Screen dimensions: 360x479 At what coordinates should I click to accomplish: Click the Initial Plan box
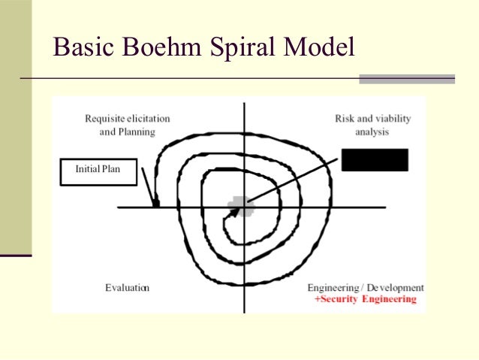98,170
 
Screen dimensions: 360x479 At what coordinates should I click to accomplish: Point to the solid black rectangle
374,159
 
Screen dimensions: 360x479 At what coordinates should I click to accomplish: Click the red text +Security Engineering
366,299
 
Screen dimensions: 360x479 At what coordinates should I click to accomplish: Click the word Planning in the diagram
137,132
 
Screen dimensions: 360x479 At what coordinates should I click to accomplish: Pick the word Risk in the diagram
344,119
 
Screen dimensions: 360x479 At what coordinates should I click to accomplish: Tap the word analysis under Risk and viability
373,132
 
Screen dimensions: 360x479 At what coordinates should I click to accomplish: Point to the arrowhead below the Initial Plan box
155,201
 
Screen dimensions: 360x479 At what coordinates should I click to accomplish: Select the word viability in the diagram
392,119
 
